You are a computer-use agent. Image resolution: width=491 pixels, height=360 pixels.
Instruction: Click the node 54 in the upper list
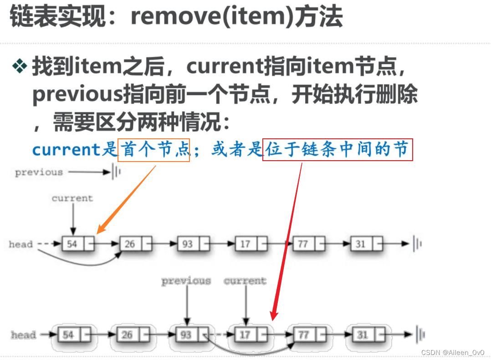point(72,244)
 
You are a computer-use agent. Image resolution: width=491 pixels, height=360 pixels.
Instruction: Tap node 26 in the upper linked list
point(130,244)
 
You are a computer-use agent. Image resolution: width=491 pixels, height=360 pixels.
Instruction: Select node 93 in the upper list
point(187,244)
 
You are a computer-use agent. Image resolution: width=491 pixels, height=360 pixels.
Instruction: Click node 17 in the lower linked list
point(245,335)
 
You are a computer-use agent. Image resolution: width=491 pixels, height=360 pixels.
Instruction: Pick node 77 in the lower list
point(303,335)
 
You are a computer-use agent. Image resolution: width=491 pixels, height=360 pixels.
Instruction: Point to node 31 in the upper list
point(361,244)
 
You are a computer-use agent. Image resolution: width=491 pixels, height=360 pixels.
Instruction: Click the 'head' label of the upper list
point(21,244)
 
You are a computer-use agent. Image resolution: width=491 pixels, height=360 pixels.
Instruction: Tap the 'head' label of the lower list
point(23,335)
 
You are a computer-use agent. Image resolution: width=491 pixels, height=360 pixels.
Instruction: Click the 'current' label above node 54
point(72,198)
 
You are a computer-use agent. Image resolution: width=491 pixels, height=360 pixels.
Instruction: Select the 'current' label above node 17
point(245,281)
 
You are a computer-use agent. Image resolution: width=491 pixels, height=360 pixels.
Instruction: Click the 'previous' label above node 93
point(186,281)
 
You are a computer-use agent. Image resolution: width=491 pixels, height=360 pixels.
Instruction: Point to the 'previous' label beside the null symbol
point(39,172)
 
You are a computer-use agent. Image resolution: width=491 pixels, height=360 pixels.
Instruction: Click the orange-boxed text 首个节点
point(154,150)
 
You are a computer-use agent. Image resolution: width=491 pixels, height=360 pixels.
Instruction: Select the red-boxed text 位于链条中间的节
point(338,150)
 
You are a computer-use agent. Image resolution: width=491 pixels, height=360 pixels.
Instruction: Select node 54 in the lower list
point(68,335)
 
